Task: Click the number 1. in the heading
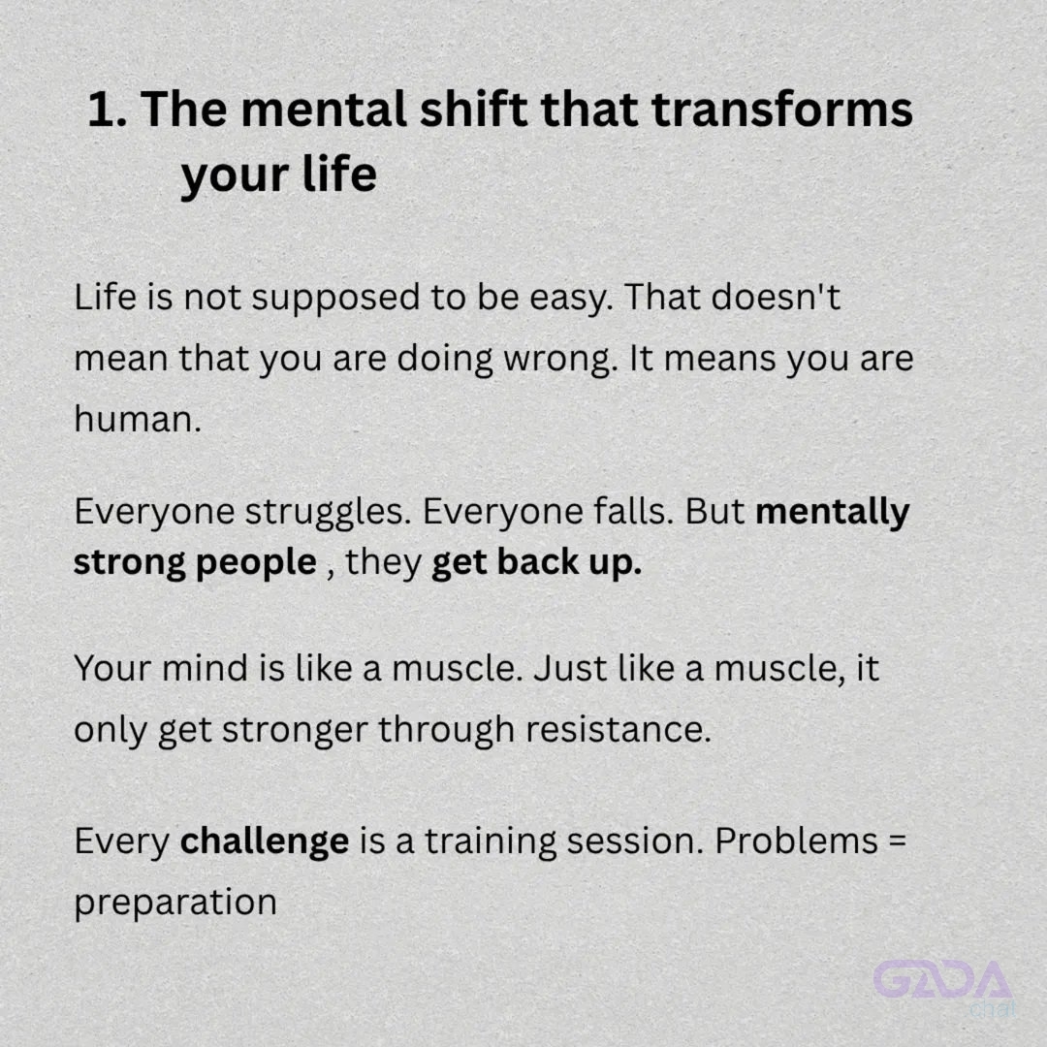(107, 110)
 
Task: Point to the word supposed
(334, 300)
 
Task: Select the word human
(138, 420)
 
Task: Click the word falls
(633, 512)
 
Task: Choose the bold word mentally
(832, 513)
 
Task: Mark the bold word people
(256, 562)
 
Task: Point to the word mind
(205, 668)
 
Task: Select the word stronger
(295, 731)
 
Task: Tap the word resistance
(619, 728)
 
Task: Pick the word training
(491, 842)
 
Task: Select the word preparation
(175, 904)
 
